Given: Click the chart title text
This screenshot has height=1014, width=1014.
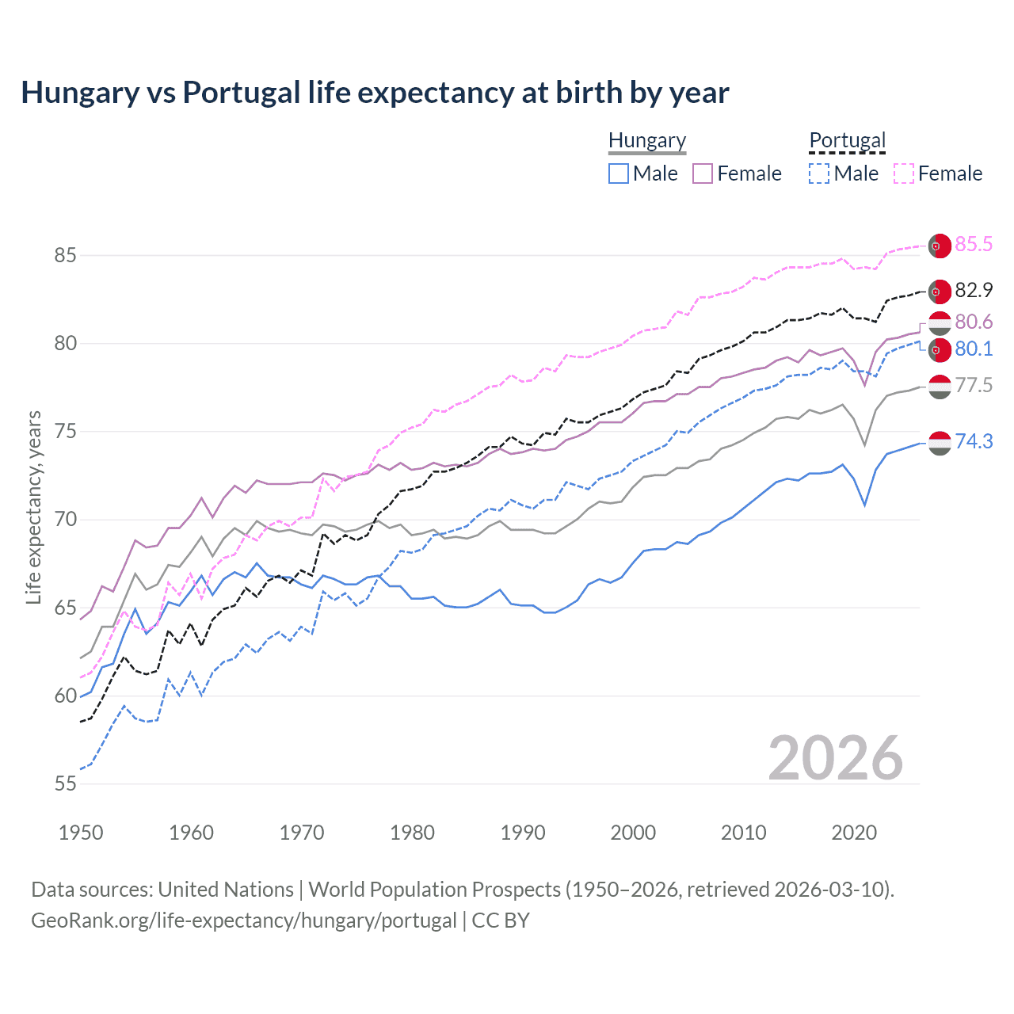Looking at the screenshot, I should pyautogui.click(x=375, y=93).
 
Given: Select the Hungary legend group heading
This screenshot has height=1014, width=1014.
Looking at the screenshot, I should pyautogui.click(x=646, y=141).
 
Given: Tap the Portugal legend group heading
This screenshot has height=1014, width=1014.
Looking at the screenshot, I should pyautogui.click(x=847, y=141).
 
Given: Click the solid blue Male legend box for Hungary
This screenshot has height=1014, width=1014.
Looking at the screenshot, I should pyautogui.click(x=619, y=173).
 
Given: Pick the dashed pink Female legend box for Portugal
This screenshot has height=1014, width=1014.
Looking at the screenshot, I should pyautogui.click(x=904, y=173).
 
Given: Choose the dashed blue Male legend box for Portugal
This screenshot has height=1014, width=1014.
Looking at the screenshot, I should pyautogui.click(x=819, y=173).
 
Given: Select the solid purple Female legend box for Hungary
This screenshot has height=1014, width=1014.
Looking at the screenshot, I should pyautogui.click(x=703, y=173).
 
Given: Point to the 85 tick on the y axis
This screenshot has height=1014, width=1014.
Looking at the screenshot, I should pyautogui.click(x=65, y=255).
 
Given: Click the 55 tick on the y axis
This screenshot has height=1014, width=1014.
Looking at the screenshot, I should pyautogui.click(x=65, y=783).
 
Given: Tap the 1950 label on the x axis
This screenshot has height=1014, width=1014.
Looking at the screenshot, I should pyautogui.click(x=81, y=833).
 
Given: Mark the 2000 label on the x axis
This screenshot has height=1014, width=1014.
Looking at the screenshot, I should pyautogui.click(x=633, y=833).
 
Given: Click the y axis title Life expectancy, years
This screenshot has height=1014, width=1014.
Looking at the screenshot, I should pyautogui.click(x=34, y=507).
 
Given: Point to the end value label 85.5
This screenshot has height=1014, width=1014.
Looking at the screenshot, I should pyautogui.click(x=973, y=244).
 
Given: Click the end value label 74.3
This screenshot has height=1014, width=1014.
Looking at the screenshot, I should pyautogui.click(x=973, y=441).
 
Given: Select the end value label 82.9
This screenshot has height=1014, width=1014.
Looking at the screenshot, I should pyautogui.click(x=973, y=290).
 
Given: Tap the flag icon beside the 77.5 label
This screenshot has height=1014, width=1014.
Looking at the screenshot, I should pyautogui.click(x=939, y=387).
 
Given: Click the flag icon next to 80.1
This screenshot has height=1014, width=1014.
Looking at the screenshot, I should pyautogui.click(x=939, y=349).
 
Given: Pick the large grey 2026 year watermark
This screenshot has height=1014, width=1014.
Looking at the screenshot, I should pyautogui.click(x=835, y=758).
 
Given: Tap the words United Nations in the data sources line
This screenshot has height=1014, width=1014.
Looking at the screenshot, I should pyautogui.click(x=226, y=890).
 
